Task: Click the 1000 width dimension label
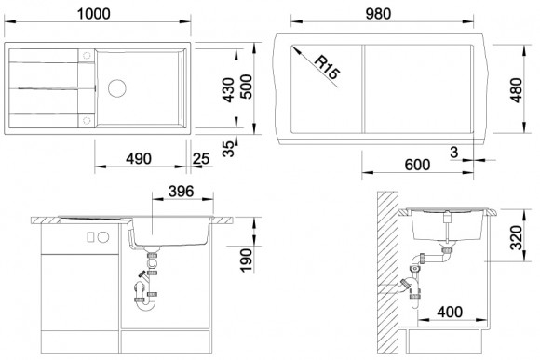[x=93, y=14]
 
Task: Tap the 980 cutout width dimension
[x=378, y=14]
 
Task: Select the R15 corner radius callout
[x=327, y=68]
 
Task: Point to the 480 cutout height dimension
[x=517, y=90]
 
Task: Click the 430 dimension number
[x=228, y=90]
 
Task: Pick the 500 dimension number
[x=246, y=87]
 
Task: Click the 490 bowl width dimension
[x=139, y=159]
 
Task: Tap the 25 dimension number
[x=201, y=159]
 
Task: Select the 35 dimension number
[x=228, y=148]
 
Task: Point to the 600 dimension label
[x=417, y=165]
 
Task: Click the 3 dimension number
[x=454, y=152]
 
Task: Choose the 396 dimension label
[x=182, y=192]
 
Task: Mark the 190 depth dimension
[x=246, y=260]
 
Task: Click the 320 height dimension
[x=517, y=237]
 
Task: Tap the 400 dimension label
[x=450, y=313]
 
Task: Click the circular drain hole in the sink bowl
[x=117, y=88]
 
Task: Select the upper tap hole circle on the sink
[x=87, y=56]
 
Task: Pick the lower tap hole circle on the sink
[x=87, y=120]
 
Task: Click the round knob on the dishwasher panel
[x=103, y=237]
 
